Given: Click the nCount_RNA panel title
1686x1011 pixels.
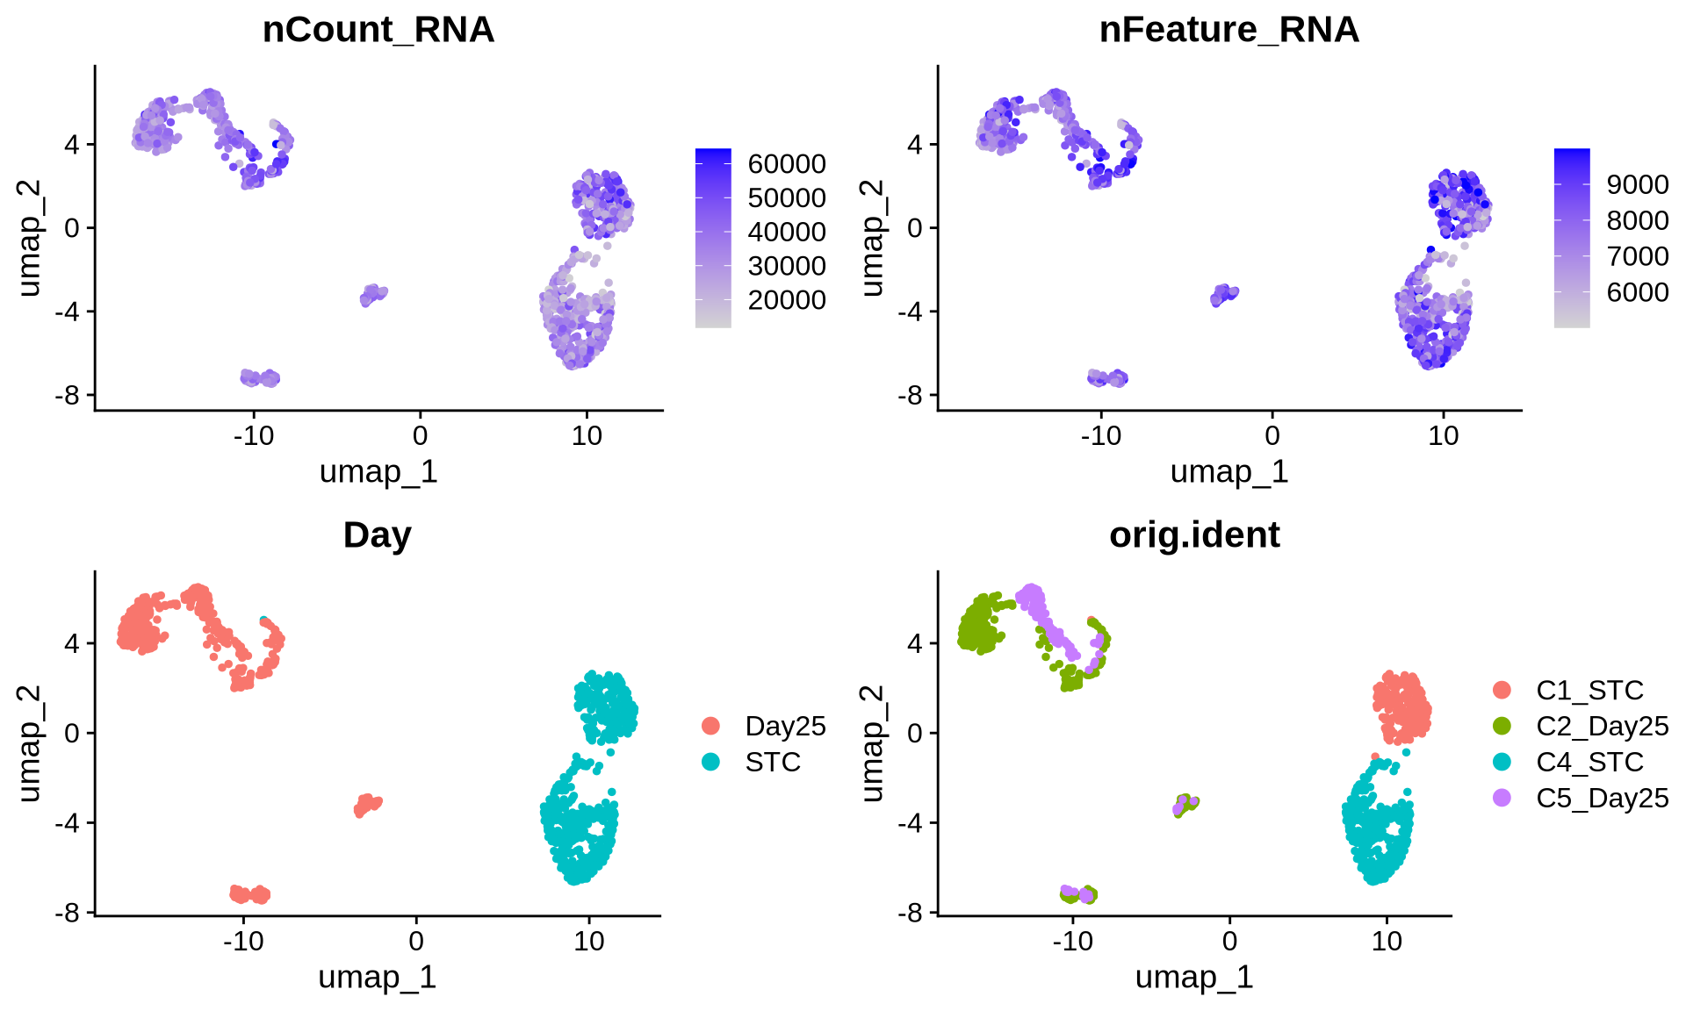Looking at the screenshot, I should pos(378,30).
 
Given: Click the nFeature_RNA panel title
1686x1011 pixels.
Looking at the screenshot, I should pos(1228,30).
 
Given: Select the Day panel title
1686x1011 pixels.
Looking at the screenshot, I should pos(377,535).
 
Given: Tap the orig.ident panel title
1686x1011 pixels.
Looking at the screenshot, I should pos(1194,535).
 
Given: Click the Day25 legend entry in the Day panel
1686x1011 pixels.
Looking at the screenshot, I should pos(785,726).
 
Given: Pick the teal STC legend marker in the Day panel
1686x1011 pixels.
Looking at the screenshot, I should pos(710,762).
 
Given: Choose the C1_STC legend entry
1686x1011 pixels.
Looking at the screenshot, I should pos(1589,691).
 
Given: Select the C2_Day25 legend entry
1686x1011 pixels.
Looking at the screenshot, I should pos(1602,727).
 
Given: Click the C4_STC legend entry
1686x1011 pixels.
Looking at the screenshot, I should pos(1589,762).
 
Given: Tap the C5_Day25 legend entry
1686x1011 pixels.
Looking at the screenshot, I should pos(1602,798).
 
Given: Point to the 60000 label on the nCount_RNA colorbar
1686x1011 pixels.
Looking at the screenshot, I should pos(787,164).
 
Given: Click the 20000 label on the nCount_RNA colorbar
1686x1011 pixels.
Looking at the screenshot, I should pos(787,300).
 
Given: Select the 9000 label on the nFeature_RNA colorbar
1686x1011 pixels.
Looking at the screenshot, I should pos(1638,184).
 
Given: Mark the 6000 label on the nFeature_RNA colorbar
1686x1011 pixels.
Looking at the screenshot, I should pos(1638,292).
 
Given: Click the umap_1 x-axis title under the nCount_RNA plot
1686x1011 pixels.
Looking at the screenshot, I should pos(378,472).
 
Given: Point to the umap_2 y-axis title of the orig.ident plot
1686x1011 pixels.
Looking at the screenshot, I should pos(871,744).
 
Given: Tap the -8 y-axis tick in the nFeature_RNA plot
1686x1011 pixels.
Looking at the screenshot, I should pos(911,396).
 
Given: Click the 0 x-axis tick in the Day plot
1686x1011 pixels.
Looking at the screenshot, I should pos(416,942).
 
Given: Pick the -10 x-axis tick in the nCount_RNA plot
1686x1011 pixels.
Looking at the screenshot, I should pos(253,436).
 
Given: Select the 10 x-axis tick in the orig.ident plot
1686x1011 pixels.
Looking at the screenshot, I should pos(1387,942).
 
